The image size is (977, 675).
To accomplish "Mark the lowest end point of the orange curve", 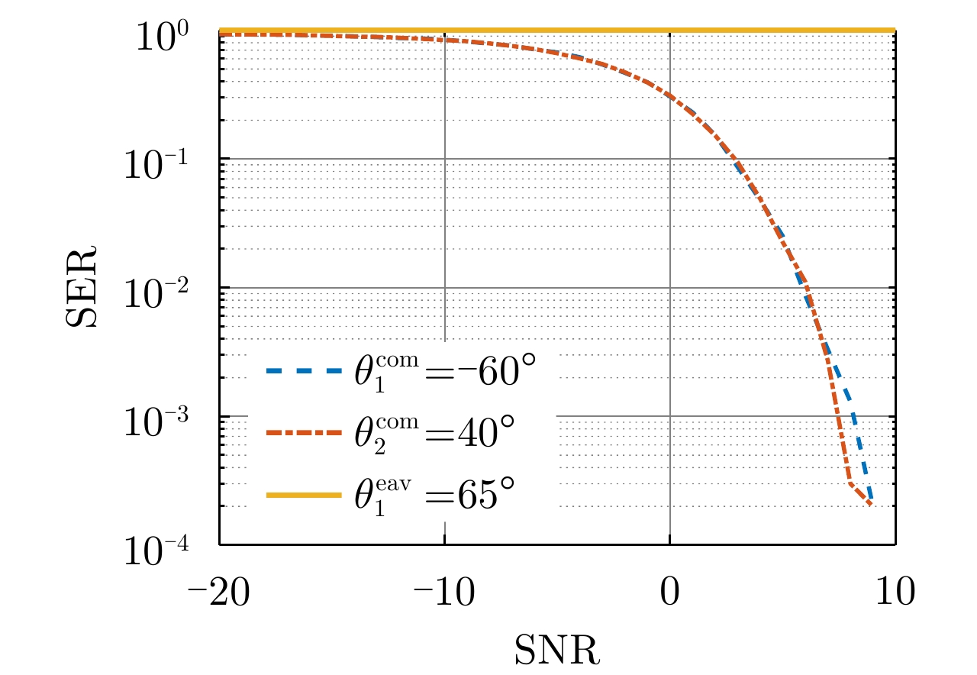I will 871,505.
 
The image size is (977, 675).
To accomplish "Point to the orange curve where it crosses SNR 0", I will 669,95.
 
